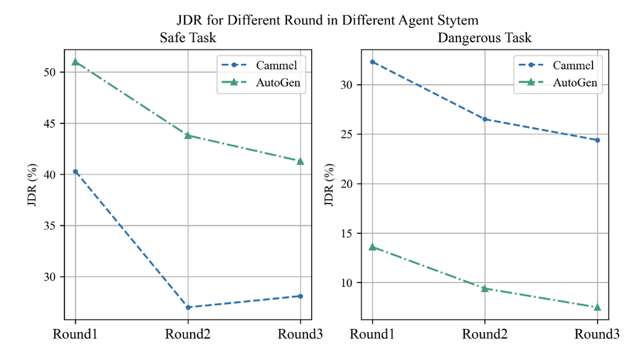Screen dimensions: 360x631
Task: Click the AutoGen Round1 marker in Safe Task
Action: click(x=75, y=62)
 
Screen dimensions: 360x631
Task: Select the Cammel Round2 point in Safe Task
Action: click(x=188, y=307)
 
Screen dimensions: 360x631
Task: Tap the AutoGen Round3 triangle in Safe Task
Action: click(x=300, y=161)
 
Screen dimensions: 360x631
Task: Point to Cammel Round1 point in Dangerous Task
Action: click(x=372, y=61)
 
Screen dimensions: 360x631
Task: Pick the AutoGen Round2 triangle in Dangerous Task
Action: click(x=484, y=289)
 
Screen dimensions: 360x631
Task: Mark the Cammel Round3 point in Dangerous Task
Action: click(x=597, y=140)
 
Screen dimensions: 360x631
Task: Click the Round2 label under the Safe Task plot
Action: click(x=188, y=335)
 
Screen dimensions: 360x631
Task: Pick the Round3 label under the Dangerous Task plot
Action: click(x=597, y=335)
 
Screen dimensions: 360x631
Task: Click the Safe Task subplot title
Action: click(x=188, y=38)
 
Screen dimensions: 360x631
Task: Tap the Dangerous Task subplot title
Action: click(x=484, y=38)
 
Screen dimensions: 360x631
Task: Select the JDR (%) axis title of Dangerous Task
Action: click(x=329, y=184)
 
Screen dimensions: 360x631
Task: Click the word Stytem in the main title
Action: click(x=459, y=20)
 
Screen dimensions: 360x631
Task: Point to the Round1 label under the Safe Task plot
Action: click(x=75, y=335)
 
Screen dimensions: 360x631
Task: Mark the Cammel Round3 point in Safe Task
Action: click(x=300, y=296)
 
